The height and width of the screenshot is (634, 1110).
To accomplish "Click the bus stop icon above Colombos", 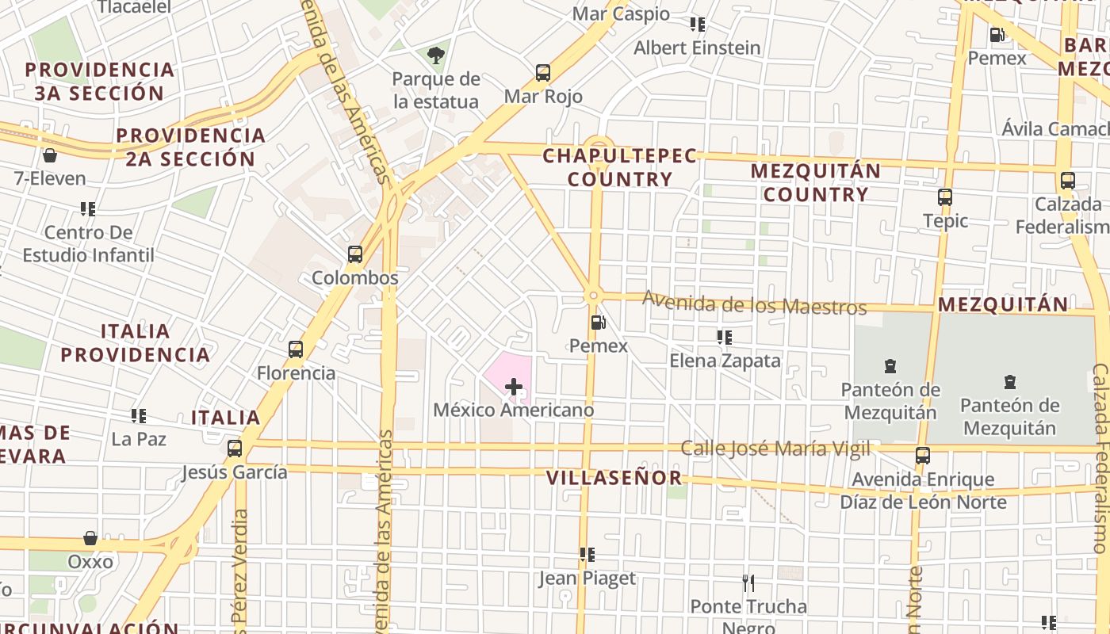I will [x=355, y=254].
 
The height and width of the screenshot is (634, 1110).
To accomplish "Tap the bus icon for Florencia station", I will [x=296, y=349].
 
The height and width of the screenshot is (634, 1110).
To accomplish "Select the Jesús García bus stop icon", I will [x=234, y=449].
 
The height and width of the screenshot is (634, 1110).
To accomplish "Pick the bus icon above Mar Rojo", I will [x=543, y=73].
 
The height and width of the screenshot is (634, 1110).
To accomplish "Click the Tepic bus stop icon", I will [x=945, y=197].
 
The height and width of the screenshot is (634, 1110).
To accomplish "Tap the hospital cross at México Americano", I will [x=514, y=387].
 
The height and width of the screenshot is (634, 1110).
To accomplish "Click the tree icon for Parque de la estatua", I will [x=435, y=55].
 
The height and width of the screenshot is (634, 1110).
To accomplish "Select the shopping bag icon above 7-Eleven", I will [x=50, y=155].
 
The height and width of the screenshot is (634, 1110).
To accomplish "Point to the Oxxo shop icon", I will [x=90, y=539].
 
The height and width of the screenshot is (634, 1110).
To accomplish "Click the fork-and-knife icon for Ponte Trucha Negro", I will [x=748, y=583].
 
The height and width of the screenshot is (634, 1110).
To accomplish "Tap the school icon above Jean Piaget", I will [x=588, y=555].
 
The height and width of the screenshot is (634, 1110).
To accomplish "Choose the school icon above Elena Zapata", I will [x=725, y=338].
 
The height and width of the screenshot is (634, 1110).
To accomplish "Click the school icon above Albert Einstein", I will [x=698, y=25].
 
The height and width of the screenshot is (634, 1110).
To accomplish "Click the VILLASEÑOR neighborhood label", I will [x=614, y=478].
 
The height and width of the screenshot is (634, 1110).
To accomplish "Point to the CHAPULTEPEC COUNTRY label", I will [x=620, y=167].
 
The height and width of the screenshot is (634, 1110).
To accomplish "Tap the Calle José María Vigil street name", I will [x=775, y=449].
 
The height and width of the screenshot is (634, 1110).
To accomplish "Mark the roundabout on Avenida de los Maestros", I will [x=593, y=296].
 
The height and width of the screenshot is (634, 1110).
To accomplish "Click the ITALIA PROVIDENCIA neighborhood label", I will [x=136, y=342].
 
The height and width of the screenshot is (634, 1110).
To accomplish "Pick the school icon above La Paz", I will [x=139, y=415].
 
